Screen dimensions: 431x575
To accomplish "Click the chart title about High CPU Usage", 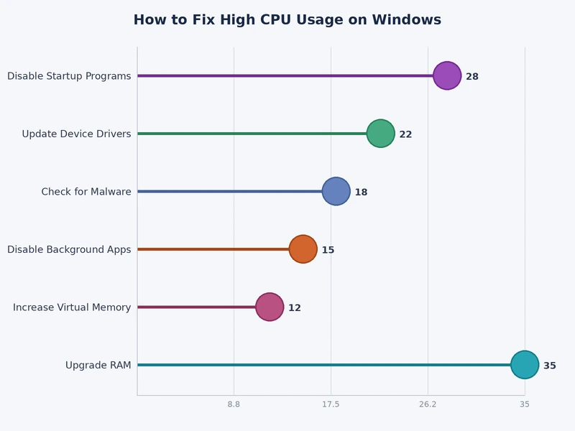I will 287,20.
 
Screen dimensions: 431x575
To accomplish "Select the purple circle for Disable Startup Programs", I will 447,75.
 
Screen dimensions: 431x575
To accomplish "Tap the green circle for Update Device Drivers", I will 380,134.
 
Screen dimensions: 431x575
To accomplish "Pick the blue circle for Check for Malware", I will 336,191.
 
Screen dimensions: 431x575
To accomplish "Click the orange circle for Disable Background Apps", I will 303,249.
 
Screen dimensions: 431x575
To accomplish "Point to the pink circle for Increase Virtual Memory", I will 270,307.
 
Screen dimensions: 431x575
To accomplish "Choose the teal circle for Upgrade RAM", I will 525,365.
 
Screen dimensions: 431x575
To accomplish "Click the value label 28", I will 472,77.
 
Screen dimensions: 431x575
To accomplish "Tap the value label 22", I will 405,134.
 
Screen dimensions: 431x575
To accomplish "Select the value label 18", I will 361,193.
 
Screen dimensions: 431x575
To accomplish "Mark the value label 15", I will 328,250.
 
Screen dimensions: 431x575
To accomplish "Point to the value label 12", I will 295,308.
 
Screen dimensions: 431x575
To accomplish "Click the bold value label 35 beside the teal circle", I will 550,366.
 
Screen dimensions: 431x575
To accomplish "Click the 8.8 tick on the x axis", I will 234,404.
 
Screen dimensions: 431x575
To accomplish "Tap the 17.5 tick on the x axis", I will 331,404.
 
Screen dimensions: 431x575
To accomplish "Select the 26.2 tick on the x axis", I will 428,404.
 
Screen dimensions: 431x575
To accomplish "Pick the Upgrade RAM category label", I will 98,365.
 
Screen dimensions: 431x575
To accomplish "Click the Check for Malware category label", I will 86,192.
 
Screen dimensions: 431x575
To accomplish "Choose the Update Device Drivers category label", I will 76,134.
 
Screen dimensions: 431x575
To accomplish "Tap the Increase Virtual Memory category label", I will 72,307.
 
